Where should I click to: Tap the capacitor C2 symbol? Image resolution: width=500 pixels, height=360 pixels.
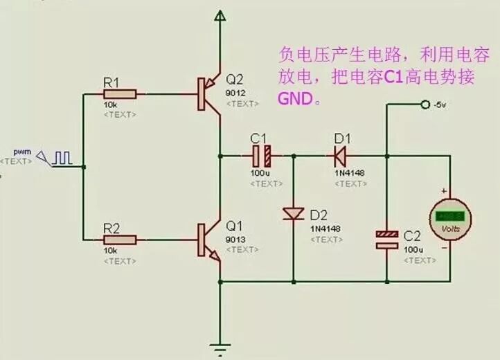387,240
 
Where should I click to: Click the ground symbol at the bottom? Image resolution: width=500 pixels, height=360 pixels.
220,348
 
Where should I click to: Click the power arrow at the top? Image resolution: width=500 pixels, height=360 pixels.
220,15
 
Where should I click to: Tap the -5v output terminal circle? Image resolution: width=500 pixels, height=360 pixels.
424,105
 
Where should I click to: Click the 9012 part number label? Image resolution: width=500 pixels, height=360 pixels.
235,91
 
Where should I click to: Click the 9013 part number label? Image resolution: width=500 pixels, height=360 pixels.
235,240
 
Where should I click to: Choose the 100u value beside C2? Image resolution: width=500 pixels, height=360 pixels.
413,248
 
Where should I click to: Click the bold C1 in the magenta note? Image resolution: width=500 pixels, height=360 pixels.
394,78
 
